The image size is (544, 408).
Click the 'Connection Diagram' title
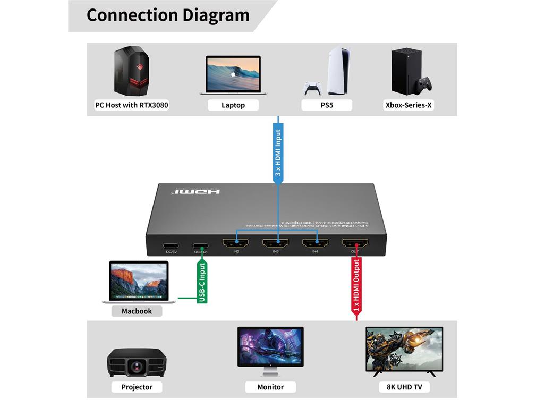pyautogui.click(x=168, y=15)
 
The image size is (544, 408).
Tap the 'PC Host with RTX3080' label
pyautogui.click(x=131, y=105)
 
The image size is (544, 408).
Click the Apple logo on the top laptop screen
pyautogui.click(x=233, y=74)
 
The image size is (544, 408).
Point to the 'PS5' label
pyautogui.click(x=327, y=105)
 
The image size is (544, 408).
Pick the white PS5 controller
pyautogui.click(x=313, y=88)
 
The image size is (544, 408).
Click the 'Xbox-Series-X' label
pyautogui.click(x=409, y=105)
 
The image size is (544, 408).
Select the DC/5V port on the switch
pyautogui.click(x=171, y=246)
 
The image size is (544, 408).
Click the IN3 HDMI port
pyautogui.click(x=275, y=244)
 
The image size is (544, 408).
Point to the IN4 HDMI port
pyautogui.click(x=315, y=244)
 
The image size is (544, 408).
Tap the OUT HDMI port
pyautogui.click(x=355, y=244)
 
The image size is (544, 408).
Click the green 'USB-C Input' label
pyautogui.click(x=202, y=282)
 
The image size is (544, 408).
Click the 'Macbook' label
pyautogui.click(x=137, y=311)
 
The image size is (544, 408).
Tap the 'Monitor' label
pyautogui.click(x=270, y=387)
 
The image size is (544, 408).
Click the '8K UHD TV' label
pyautogui.click(x=404, y=387)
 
